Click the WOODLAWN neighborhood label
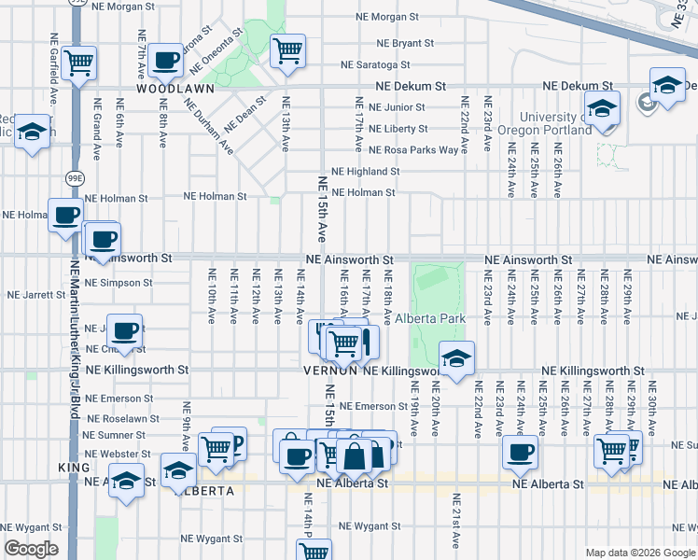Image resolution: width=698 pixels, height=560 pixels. pos(175,89)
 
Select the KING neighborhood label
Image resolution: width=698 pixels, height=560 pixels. pos(74,467)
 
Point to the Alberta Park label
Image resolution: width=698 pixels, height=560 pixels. pos(430,318)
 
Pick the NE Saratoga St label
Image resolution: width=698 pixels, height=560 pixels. pos(375,64)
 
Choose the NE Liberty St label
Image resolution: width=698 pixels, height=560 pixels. pos(398,129)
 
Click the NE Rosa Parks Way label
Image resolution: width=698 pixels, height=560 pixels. pos(413,149)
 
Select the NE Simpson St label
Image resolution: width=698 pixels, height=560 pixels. pos(118,282)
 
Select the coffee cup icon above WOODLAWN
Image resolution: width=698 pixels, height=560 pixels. pos(166,60)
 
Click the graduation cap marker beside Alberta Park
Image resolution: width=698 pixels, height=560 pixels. pos(456,358)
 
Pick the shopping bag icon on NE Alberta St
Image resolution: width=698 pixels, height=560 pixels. pos(355,458)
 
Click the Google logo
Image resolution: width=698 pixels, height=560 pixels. pos(31,549)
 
